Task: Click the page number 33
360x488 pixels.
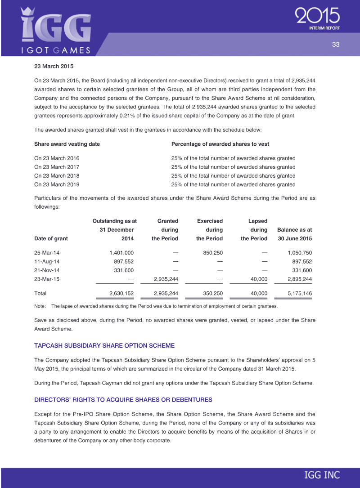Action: click(335, 44)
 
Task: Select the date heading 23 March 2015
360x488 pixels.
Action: click(54, 66)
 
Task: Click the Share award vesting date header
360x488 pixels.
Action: click(67, 144)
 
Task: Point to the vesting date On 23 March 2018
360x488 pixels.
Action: click(57, 175)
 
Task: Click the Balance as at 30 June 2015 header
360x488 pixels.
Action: click(295, 234)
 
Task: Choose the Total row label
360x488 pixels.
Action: click(40, 293)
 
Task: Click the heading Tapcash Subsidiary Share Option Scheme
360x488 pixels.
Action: click(104, 345)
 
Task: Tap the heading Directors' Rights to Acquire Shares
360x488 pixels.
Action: click(123, 399)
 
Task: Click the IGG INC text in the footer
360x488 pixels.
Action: click(322, 475)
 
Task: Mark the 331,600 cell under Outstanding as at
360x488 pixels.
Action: click(124, 270)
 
